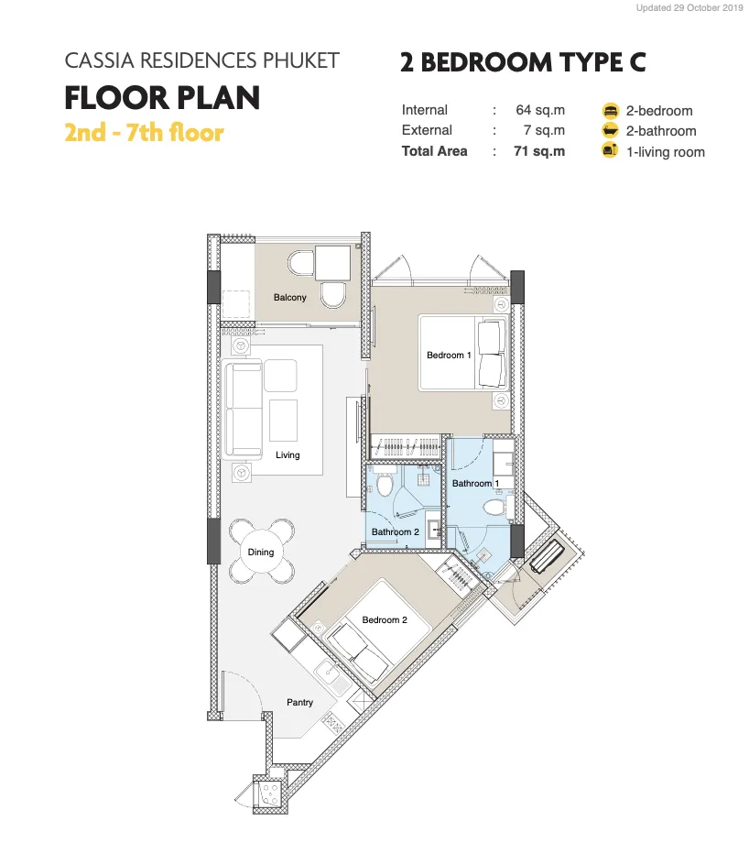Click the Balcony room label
pos(289,297)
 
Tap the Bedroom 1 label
pos(449,356)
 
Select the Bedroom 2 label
pos(385,620)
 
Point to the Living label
pos(288,454)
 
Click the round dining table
pos(261,552)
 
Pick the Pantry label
pos(299,702)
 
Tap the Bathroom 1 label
pos(475,483)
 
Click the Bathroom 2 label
pos(395,531)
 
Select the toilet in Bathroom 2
pos(385,482)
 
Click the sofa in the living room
pos(242,411)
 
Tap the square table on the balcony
pos(332,264)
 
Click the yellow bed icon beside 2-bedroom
pos(610,111)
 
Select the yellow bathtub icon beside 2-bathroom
pos(610,131)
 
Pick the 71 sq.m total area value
pos(539,151)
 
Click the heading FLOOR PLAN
pos(162,98)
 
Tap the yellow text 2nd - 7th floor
pos(144,132)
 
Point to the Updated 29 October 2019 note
pos(689,8)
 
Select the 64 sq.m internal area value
pos(540,110)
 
